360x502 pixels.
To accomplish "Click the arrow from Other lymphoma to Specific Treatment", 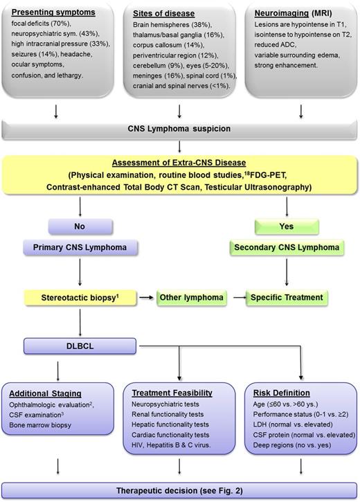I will coord(237,297).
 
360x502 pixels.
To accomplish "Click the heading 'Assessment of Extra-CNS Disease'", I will coord(180,161).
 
